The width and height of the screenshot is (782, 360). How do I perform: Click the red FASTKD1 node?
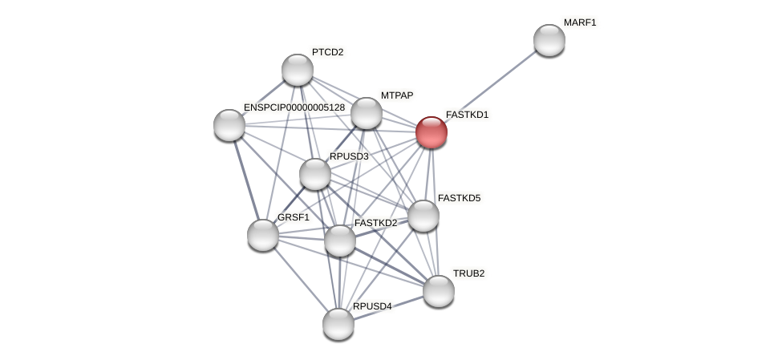coord(431,132)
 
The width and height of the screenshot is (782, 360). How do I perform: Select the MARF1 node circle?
coord(549,40)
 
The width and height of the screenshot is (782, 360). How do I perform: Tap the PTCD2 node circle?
coord(298,70)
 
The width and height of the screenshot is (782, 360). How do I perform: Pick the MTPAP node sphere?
coord(367,113)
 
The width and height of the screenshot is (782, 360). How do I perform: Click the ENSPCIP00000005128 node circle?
coord(229,124)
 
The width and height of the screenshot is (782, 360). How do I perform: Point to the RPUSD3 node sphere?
coord(315,174)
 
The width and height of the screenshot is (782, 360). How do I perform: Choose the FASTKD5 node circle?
coord(423,216)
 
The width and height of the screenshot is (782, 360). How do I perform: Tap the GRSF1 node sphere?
coord(263,235)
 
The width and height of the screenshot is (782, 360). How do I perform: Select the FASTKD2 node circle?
coord(339,241)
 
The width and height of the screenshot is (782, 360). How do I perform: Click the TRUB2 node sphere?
coord(439,291)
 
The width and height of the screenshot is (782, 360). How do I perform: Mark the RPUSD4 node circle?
coord(338,324)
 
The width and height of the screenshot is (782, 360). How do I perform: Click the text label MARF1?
coord(580,22)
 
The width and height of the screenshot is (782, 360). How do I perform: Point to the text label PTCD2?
coord(327,52)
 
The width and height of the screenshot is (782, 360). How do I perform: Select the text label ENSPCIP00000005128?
coord(294,107)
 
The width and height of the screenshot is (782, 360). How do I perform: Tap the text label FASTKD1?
coord(467,115)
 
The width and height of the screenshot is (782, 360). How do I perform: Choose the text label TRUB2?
coord(468,273)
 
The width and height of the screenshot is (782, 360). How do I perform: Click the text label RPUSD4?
coord(372,306)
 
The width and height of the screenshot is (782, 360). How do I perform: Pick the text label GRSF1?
coord(294,217)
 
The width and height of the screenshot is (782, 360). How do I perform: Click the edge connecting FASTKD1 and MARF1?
coord(490,86)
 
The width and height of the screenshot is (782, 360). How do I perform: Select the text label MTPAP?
coord(397,95)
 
